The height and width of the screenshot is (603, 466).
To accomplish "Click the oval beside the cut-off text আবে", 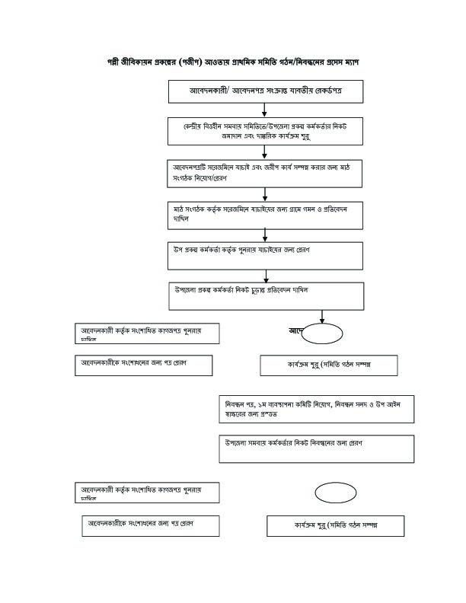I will [326, 332].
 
